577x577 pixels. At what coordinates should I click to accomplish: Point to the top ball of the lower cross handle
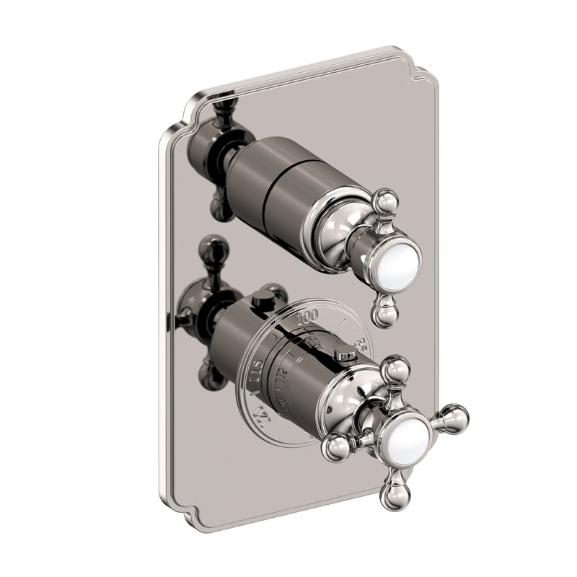point(395,370)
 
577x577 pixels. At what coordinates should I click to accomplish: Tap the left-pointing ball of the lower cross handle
point(336,448)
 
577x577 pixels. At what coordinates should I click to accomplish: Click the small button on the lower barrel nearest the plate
point(271,293)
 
